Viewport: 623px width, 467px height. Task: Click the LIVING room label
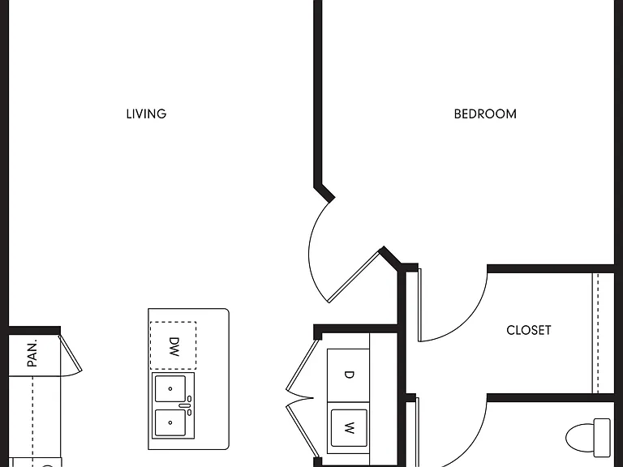[146, 114]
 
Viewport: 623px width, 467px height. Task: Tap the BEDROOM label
[485, 114]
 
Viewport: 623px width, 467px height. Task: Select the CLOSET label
[529, 330]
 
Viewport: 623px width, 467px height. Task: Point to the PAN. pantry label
[32, 353]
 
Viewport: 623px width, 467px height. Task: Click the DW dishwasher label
[174, 347]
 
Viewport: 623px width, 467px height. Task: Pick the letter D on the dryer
[349, 375]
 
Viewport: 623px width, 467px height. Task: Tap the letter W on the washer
[349, 428]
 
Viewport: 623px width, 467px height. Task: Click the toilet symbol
[588, 438]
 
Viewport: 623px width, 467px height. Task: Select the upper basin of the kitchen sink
[170, 388]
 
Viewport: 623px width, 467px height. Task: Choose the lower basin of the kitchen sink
[170, 422]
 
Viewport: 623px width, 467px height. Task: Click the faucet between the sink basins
[186, 405]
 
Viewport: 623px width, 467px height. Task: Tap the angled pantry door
[71, 353]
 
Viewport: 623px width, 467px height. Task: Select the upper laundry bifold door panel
[303, 364]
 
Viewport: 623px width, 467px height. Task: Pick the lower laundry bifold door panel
[303, 431]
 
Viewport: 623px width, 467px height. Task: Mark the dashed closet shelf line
[597, 332]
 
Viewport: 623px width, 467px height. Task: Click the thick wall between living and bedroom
[318, 96]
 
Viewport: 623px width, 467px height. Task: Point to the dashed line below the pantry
[32, 417]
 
